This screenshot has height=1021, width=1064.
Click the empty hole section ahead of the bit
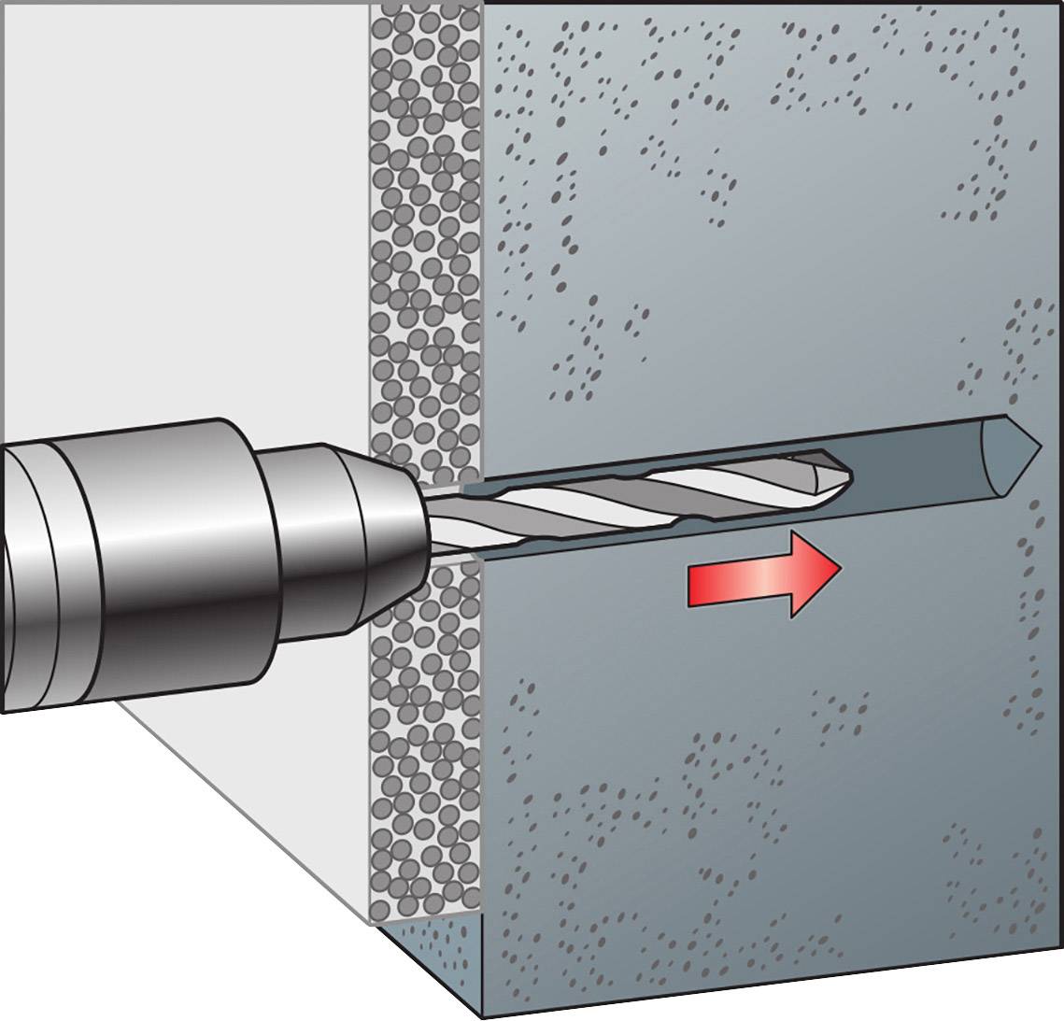[x=925, y=467]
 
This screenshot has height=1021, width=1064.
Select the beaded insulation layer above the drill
[x=425, y=234]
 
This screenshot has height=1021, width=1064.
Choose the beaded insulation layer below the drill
[x=425, y=747]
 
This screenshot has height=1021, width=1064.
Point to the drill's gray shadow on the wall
[x=234, y=794]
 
